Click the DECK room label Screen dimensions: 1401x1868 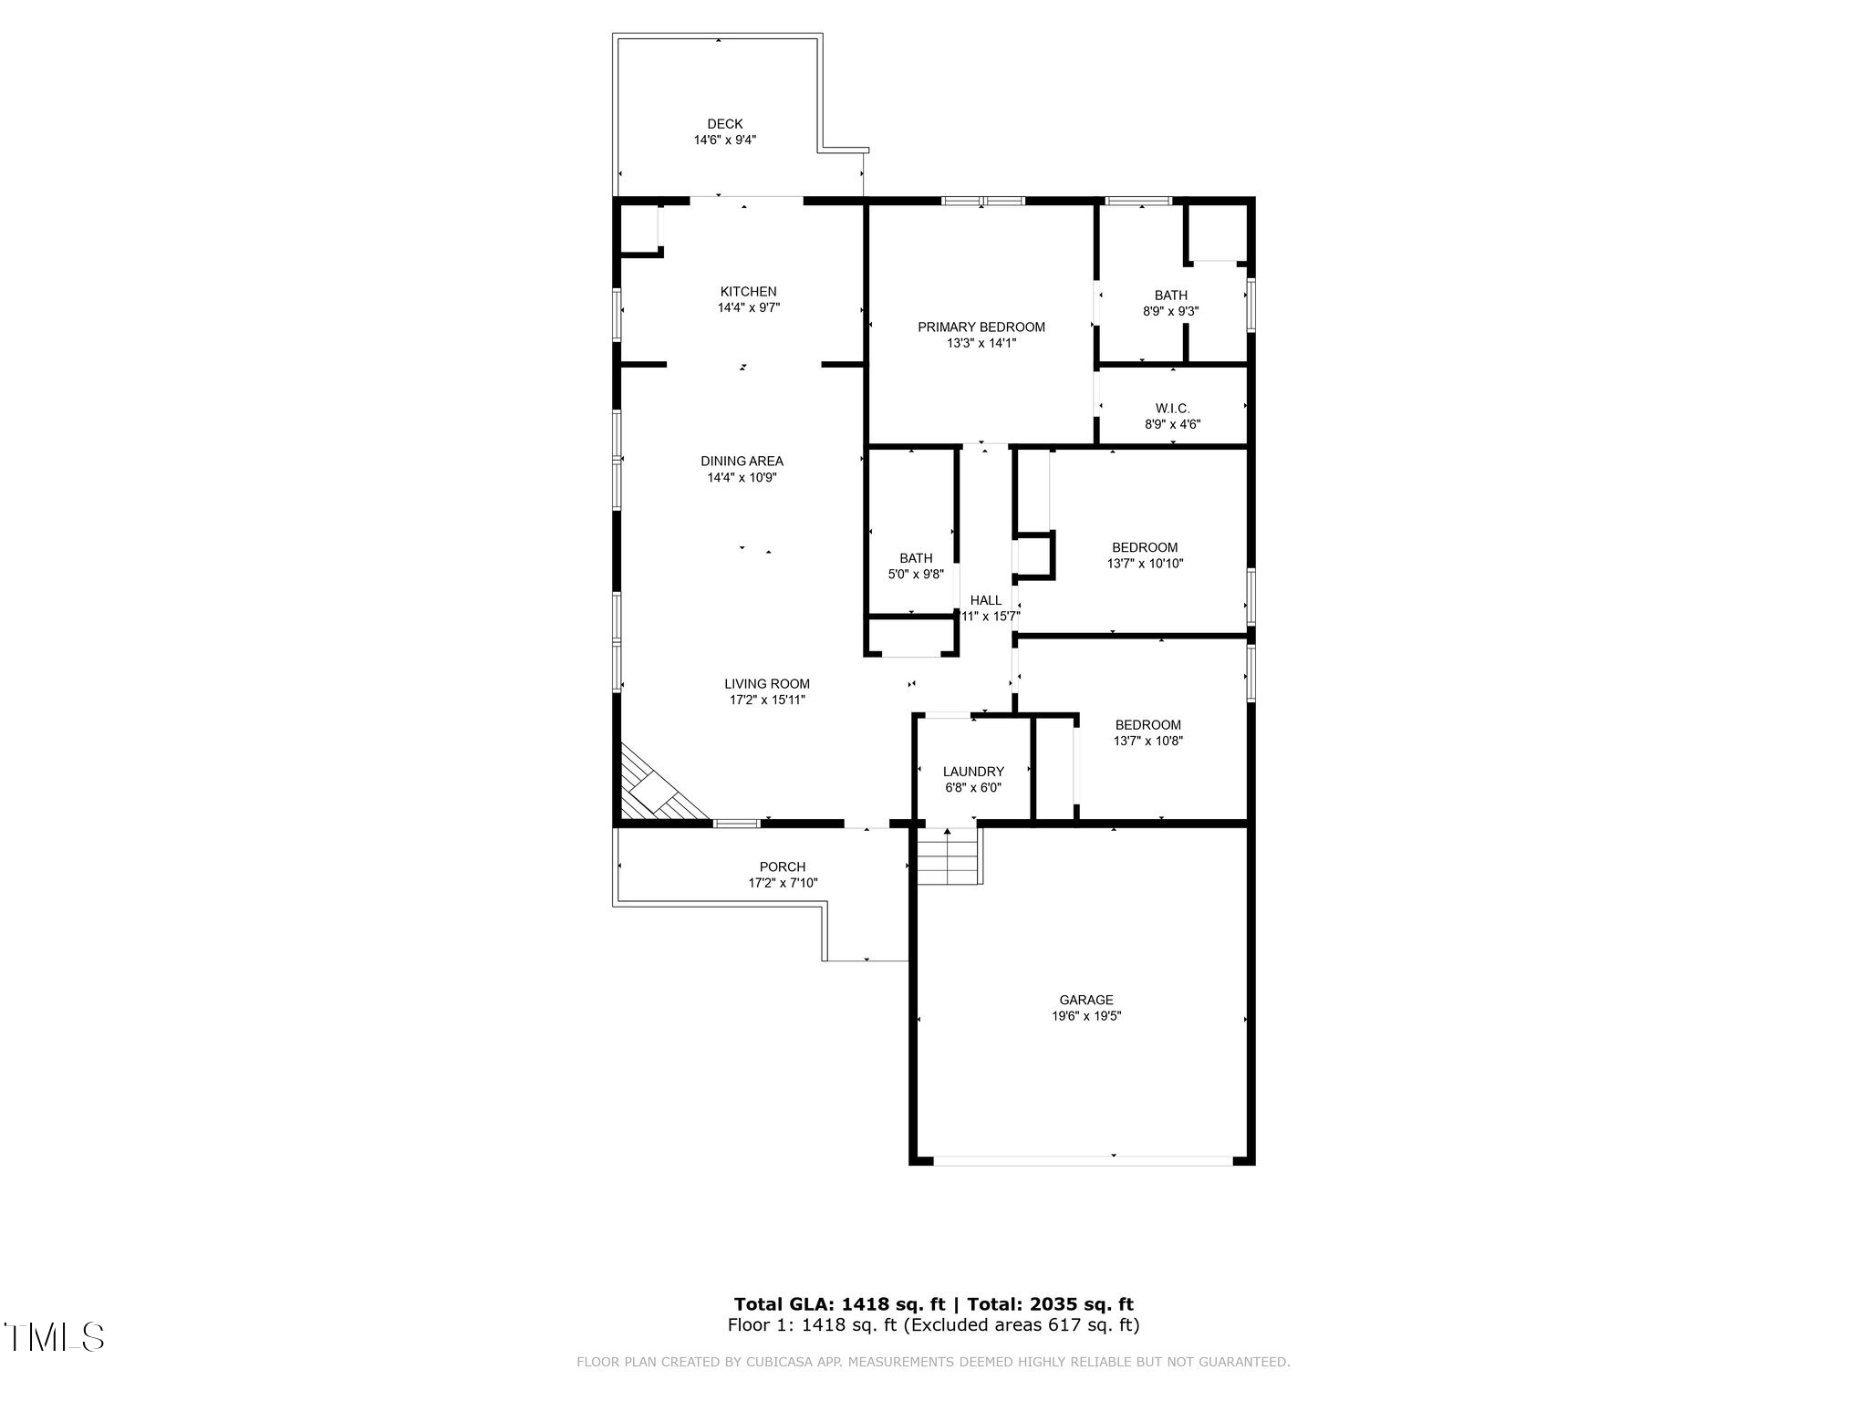click(725, 124)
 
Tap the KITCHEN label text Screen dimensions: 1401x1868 click(748, 292)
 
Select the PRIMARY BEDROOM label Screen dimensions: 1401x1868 click(981, 327)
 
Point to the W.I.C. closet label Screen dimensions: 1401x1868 click(1172, 409)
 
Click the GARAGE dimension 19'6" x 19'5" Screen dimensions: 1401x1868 click(1085, 1016)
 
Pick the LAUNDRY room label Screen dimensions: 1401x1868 click(973, 772)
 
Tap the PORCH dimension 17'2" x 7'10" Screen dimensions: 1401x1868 click(783, 883)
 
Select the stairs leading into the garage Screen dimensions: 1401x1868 click(948, 857)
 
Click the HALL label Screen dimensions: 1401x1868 click(986, 600)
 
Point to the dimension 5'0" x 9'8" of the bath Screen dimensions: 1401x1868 click(916, 575)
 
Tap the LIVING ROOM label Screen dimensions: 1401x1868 click(767, 684)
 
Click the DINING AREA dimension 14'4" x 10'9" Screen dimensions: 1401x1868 click(742, 477)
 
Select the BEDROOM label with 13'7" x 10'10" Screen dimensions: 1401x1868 click(1145, 547)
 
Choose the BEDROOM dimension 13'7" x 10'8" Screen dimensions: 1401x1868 click(1147, 742)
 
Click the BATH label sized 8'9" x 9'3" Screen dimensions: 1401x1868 click(1171, 296)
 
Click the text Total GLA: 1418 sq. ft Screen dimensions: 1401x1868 click(839, 1304)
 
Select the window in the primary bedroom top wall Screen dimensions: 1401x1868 click(983, 201)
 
